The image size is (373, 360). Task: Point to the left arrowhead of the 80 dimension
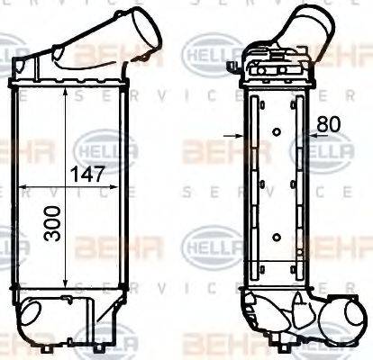click(241, 137)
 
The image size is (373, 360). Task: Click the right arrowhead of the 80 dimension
click(305, 137)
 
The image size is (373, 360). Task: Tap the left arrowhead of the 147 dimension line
click(22, 186)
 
